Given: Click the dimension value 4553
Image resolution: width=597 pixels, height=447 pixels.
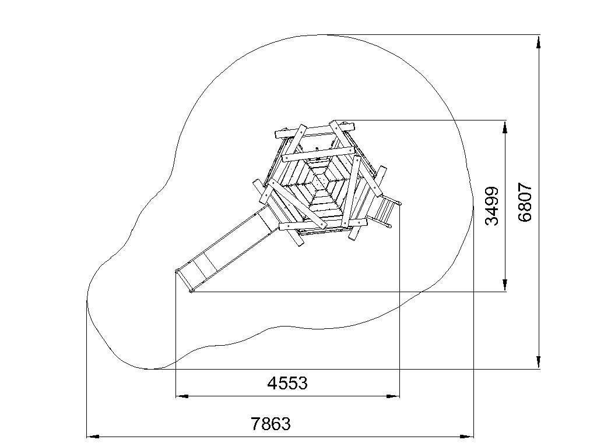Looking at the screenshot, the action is click(287, 383).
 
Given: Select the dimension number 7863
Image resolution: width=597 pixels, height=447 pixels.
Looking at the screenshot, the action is click(271, 424).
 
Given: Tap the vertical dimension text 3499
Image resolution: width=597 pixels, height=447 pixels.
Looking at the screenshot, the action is click(491, 206).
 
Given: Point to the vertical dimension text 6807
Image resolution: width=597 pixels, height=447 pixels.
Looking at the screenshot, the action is click(525, 202).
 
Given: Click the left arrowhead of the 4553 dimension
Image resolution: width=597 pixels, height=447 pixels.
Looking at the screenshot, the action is click(182, 396).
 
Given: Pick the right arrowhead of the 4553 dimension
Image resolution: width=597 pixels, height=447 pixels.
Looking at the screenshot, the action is click(393, 396).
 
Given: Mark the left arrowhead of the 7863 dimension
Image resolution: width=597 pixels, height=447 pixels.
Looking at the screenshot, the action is click(94, 437).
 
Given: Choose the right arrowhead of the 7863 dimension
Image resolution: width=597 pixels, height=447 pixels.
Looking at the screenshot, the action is click(467, 437).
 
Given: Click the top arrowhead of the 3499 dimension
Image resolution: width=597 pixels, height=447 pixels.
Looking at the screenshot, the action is click(505, 127).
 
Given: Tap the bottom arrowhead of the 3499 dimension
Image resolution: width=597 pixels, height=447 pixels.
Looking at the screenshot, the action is click(505, 285).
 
